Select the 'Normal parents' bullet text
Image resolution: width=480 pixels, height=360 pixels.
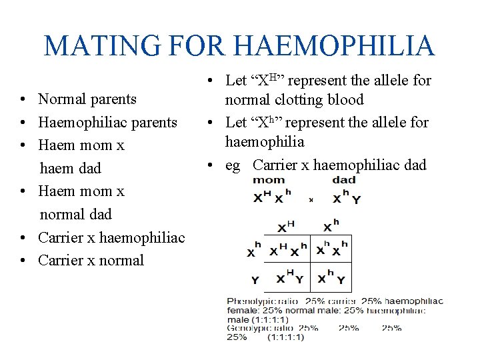click(87, 99)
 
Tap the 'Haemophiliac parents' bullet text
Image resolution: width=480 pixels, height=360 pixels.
click(107, 123)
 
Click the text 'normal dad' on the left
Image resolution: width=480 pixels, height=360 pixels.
click(75, 214)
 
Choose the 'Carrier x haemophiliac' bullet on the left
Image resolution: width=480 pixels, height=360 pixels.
click(111, 237)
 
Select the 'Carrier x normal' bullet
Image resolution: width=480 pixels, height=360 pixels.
click(91, 260)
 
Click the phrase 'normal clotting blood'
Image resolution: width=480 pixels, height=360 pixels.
click(294, 100)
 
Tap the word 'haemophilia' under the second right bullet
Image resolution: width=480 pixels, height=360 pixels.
click(265, 141)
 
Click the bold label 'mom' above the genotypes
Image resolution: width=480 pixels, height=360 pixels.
click(269, 180)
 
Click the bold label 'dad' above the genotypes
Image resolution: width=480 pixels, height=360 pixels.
click(344, 180)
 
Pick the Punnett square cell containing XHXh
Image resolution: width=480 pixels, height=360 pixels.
click(287, 250)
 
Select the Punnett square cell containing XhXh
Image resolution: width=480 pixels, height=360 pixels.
click(331, 250)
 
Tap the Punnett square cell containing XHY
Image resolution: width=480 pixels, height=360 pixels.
click(287, 277)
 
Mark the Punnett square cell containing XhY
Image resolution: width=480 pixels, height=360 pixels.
click(331, 277)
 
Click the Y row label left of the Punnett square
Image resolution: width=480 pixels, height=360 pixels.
click(255, 279)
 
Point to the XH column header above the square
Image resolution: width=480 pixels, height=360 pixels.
click(286, 227)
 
